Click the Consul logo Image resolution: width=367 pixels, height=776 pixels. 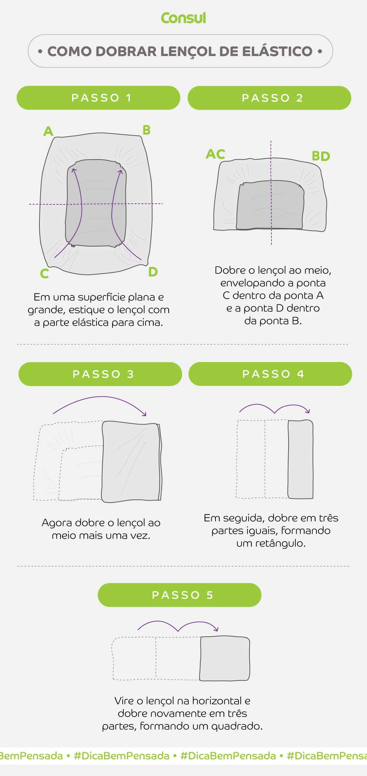click(x=183, y=18)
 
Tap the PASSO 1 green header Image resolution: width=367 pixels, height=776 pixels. click(x=99, y=98)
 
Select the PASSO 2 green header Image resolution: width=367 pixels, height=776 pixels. click(x=269, y=98)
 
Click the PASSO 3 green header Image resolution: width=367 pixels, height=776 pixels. click(x=100, y=374)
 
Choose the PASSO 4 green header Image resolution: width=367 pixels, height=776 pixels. click(x=270, y=374)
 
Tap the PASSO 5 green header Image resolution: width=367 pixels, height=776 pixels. click(x=179, y=595)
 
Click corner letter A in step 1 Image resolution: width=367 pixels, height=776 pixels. click(x=48, y=131)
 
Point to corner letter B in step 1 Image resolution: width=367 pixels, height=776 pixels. click(x=146, y=130)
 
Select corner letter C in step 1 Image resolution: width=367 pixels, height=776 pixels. click(x=45, y=274)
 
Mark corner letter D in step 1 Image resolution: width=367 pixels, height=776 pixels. click(x=153, y=272)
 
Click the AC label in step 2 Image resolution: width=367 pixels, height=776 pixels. click(x=215, y=154)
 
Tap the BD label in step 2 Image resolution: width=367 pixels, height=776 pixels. click(x=321, y=156)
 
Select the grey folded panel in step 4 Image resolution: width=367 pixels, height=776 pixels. click(x=300, y=459)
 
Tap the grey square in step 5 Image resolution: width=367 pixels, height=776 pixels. click(x=225, y=658)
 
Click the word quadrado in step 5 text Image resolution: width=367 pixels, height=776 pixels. click(x=237, y=726)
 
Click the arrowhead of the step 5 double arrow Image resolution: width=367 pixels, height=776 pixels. click(x=216, y=629)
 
